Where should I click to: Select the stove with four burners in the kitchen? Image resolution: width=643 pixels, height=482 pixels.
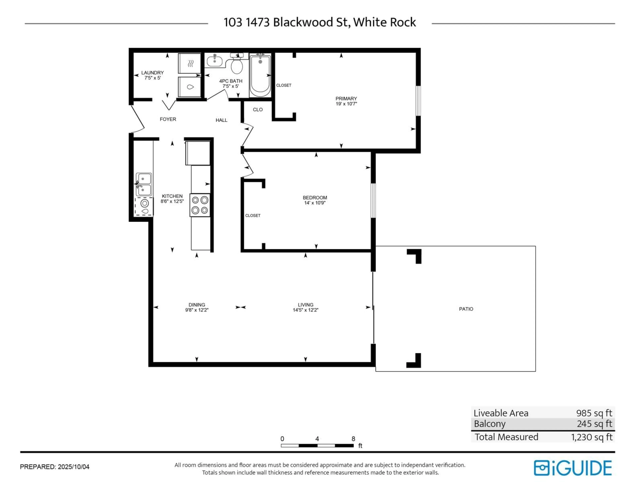tap(200, 205)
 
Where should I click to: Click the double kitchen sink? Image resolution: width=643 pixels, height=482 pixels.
tap(144, 184)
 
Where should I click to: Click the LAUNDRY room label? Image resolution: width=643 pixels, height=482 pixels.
tap(152, 73)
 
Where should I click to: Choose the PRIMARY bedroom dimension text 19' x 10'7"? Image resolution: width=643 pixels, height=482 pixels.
tap(346, 104)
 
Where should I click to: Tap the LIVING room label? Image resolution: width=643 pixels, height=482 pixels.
tap(306, 305)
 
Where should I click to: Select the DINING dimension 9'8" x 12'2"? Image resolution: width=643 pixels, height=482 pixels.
tap(197, 310)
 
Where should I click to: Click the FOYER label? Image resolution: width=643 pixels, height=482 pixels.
tap(168, 119)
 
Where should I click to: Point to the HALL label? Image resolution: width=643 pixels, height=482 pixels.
tap(222, 120)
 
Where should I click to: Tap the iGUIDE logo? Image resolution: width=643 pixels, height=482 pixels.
tap(573, 468)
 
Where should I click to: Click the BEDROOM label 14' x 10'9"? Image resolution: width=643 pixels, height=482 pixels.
tap(315, 200)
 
